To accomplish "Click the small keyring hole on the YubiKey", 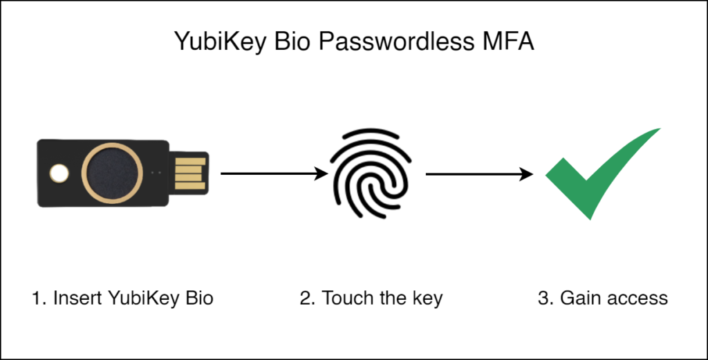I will [x=59, y=173].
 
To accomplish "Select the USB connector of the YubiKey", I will [x=189, y=172].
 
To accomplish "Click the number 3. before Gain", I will [x=545, y=299].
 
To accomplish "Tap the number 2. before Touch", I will [x=307, y=299].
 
